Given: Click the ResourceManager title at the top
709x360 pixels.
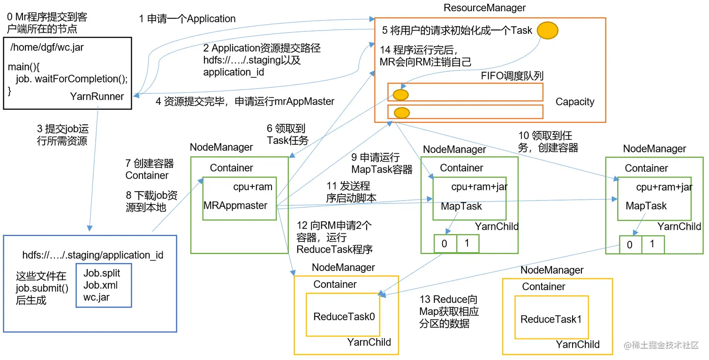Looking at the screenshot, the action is (x=484, y=7).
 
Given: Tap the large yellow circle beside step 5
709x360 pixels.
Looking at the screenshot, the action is (x=548, y=30).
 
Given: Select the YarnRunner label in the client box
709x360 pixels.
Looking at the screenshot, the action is (x=97, y=96).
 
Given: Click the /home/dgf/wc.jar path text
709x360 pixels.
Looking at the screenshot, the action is (x=47, y=47).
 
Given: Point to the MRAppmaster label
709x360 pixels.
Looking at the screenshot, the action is (x=235, y=205).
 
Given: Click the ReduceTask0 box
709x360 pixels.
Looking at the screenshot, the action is (x=343, y=315).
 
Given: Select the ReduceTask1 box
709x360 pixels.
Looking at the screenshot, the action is (x=551, y=317).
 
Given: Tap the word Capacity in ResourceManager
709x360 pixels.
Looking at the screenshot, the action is (x=575, y=102).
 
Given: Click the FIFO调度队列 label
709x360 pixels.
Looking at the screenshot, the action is (x=512, y=76).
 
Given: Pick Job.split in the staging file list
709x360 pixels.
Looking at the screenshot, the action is (x=102, y=273).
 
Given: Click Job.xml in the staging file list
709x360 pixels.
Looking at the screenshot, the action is (x=100, y=285).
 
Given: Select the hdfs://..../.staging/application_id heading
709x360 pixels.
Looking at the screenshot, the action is (x=93, y=255).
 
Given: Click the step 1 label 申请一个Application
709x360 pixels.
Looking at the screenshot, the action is (x=187, y=19).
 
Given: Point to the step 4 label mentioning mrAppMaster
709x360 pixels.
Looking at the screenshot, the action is (x=245, y=101).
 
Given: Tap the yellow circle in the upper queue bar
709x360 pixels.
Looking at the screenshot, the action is (x=400, y=95).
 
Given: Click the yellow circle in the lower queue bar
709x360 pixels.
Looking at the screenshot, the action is (x=402, y=112).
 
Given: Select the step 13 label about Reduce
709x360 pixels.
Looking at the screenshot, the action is (x=449, y=311).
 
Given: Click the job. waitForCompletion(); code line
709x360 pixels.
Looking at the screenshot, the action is (x=72, y=78).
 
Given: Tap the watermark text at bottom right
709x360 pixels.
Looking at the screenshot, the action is (x=661, y=345).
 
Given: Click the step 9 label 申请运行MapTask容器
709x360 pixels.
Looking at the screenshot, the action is (x=382, y=163).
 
